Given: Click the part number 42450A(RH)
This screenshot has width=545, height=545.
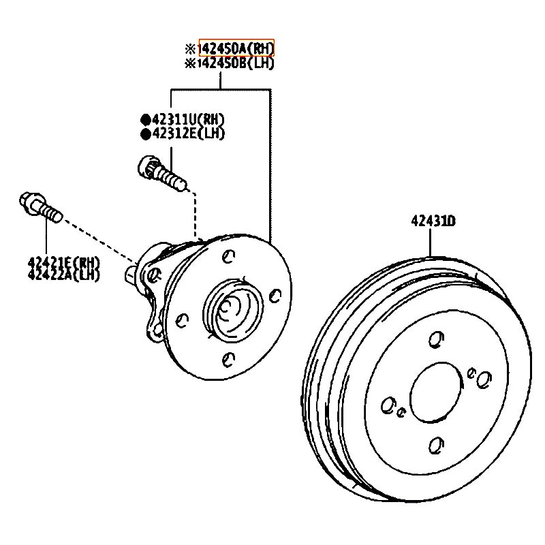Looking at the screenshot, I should click(236, 48).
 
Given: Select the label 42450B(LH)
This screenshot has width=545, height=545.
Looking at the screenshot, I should click(236, 63).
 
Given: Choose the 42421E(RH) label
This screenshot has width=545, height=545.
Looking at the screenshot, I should click(63, 262).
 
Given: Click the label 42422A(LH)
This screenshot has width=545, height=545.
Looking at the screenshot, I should click(63, 275).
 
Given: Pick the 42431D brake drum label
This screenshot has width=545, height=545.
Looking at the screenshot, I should click(433, 221).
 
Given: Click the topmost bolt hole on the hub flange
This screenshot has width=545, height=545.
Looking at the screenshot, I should click(229, 257).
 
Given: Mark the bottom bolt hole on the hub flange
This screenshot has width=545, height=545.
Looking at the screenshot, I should click(230, 358).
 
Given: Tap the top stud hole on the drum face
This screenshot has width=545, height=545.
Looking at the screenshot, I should click(437, 339).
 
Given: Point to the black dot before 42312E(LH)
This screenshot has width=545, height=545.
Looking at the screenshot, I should click(145, 134).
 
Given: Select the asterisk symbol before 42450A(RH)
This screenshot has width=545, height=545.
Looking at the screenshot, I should click(190, 49).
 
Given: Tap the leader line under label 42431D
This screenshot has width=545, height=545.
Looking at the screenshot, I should click(433, 242).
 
